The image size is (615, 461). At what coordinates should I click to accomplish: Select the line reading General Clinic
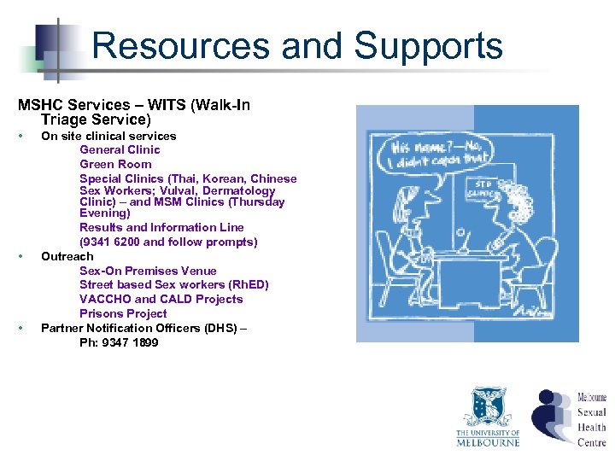click(120, 149)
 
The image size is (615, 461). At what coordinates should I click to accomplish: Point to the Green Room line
click(115, 164)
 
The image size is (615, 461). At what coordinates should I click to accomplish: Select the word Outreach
click(67, 256)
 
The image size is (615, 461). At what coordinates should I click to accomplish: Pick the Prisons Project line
click(123, 313)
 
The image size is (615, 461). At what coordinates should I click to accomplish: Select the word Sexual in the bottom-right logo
click(592, 412)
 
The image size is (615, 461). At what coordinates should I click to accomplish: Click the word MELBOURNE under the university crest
click(488, 441)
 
